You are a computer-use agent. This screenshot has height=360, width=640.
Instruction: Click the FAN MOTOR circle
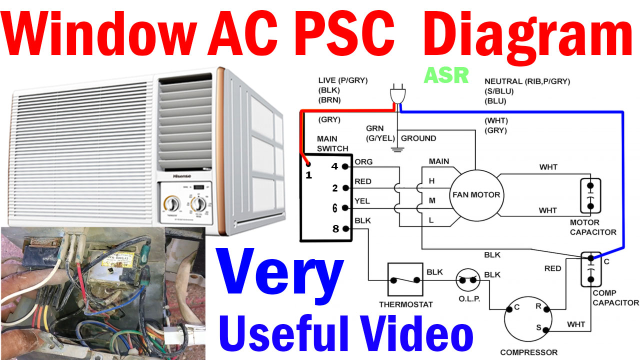click(475, 194)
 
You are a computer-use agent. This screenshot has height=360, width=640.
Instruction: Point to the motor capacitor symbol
click(590, 195)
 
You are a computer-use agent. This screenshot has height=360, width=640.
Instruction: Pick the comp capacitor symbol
click(590, 269)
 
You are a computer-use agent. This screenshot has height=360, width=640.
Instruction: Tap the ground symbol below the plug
click(397, 148)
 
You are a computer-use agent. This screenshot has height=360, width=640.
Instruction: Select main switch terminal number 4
click(345, 166)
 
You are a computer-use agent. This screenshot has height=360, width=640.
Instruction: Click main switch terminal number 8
click(345, 229)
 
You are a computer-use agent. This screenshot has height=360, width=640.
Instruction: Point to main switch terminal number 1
click(308, 164)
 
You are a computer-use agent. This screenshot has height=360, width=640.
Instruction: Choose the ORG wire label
click(363, 161)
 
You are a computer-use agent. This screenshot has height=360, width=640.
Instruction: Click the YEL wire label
click(362, 201)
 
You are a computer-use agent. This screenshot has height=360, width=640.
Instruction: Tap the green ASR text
click(446, 75)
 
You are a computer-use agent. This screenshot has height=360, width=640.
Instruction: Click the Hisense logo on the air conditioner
click(183, 176)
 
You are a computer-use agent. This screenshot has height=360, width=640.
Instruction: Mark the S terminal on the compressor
click(544, 330)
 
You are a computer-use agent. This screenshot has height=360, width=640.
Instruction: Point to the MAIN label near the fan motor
click(438, 161)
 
